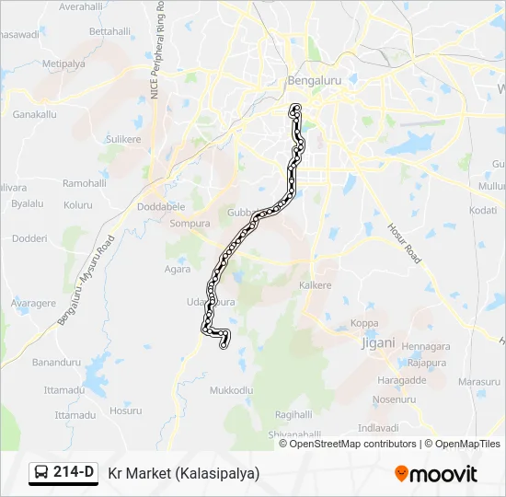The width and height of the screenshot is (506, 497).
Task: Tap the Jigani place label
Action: pyautogui.click(x=377, y=342)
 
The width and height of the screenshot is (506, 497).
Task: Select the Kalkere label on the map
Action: pyautogui.click(x=316, y=286)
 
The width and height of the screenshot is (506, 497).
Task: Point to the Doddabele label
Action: pyautogui.click(x=161, y=208)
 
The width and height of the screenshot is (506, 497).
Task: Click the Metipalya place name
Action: pyautogui.click(x=63, y=64)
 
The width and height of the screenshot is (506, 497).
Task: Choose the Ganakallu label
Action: pyautogui.click(x=35, y=115)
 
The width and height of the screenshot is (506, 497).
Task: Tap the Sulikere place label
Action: pyautogui.click(x=123, y=139)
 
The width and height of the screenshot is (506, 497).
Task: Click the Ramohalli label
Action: pyautogui.click(x=86, y=183)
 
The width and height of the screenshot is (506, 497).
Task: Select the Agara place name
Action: pyautogui.click(x=178, y=270)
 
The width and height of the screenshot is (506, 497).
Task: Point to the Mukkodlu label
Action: pyautogui.click(x=231, y=390)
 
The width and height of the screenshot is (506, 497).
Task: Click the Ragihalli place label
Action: pyautogui.click(x=293, y=414)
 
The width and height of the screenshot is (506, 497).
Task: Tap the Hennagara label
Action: pyautogui.click(x=427, y=346)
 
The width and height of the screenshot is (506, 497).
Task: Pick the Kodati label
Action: pyautogui.click(x=483, y=210)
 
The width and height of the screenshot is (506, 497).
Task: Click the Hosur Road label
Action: pyautogui.click(x=402, y=242)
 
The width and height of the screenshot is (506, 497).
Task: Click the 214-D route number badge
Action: pyautogui.click(x=63, y=473)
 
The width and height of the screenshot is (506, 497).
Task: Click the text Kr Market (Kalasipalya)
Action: pyautogui.click(x=184, y=473)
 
